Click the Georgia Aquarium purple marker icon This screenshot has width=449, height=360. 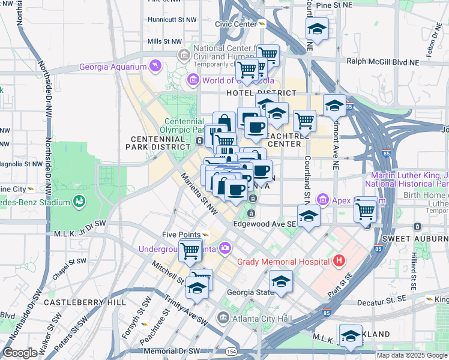pyautogui.click(x=155, y=66)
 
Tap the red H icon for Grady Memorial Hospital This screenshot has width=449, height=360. pyautogui.click(x=339, y=261)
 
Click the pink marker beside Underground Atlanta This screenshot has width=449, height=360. pyautogui.click(x=224, y=247)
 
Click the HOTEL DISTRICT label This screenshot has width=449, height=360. pyautogui.click(x=261, y=93)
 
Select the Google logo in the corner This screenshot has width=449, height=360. pyautogui.click(x=20, y=353)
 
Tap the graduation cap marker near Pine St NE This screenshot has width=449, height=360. pyautogui.click(x=317, y=29)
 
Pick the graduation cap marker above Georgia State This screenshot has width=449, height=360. pyautogui.click(x=281, y=281)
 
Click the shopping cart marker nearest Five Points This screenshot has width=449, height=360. pyautogui.click(x=190, y=250)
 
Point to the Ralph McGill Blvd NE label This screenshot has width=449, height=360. pyautogui.click(x=382, y=61)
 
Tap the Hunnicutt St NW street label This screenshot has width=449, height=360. pyautogui.click(x=172, y=20)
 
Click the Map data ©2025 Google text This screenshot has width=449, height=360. pyautogui.click(x=412, y=355)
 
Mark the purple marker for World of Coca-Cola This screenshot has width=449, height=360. pyautogui.click(x=193, y=80)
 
